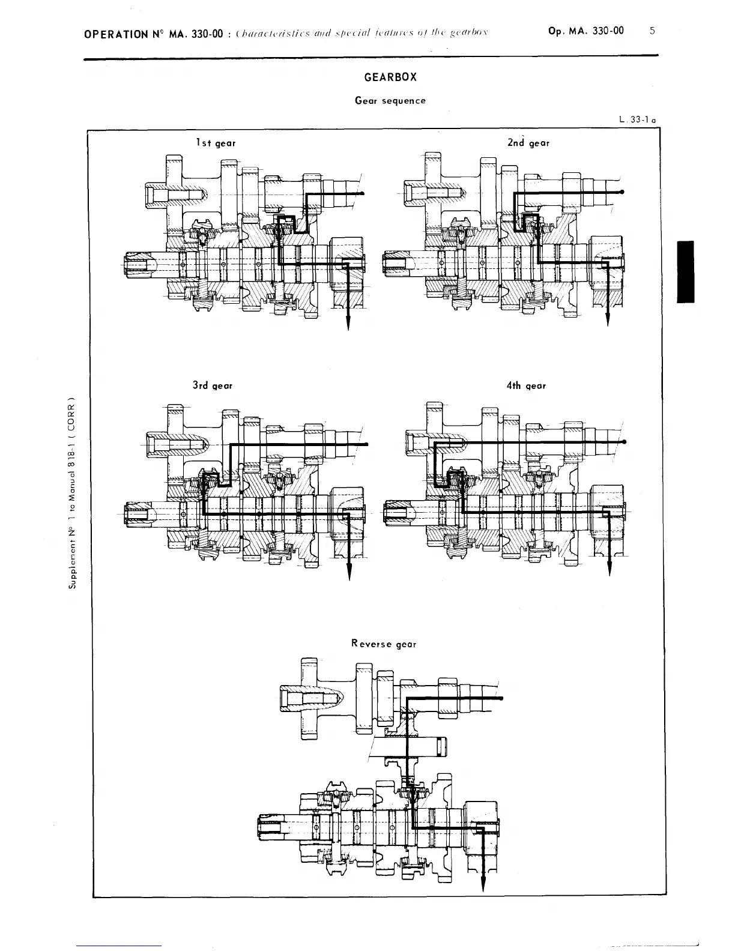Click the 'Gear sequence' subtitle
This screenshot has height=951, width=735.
point(390,100)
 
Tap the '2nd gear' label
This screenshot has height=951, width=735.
point(528,143)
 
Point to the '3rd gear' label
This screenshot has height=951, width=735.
point(213,385)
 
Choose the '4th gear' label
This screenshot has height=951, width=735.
point(526,385)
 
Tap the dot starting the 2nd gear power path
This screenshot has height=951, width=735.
point(622,192)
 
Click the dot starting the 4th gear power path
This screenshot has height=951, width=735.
point(626,442)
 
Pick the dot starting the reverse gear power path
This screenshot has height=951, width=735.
point(501,698)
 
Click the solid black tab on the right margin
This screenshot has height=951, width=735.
point(685,271)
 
